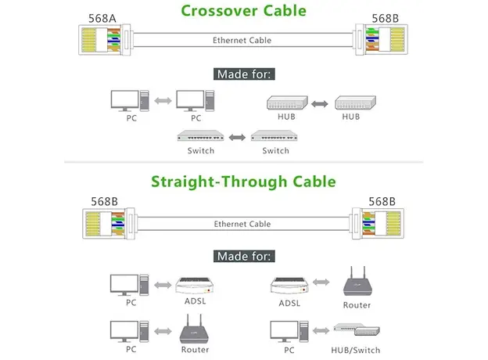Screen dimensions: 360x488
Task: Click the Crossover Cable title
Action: [x=243, y=11]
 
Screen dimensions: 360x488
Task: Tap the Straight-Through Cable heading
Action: [x=243, y=182]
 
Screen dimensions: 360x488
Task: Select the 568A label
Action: [x=104, y=17]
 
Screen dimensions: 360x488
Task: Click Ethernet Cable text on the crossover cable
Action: [x=242, y=41]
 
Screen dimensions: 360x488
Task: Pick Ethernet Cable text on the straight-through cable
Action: [x=242, y=225]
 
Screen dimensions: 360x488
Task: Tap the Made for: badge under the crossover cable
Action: [x=243, y=74]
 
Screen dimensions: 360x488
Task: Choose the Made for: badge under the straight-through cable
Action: [x=243, y=256]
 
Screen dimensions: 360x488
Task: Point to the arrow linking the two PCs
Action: [x=163, y=102]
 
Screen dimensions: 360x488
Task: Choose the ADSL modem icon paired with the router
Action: [x=287, y=286]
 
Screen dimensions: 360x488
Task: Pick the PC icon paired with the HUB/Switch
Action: [x=282, y=330]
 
